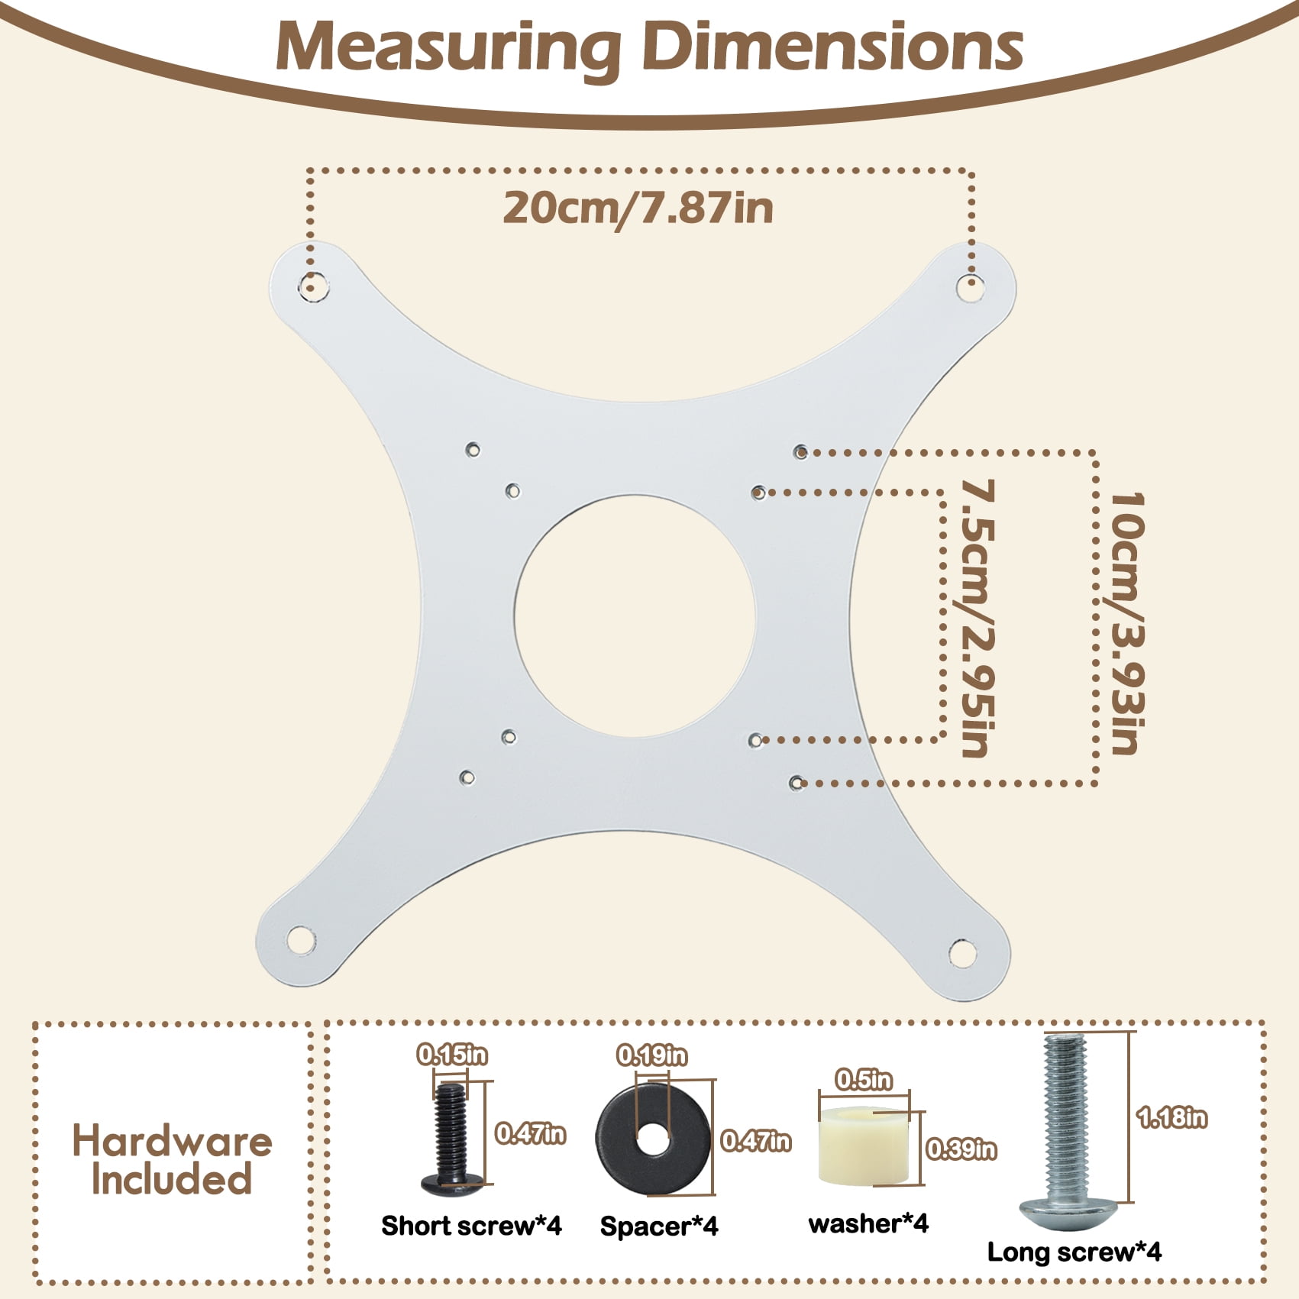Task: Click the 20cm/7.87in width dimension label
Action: pyautogui.click(x=638, y=208)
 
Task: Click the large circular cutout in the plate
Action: pyautogui.click(x=635, y=616)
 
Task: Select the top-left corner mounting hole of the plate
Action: pyautogui.click(x=313, y=286)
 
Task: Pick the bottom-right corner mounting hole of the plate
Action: pyautogui.click(x=963, y=953)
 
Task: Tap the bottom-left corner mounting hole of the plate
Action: pyautogui.click(x=301, y=940)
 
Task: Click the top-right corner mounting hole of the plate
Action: pyautogui.click(x=971, y=287)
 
